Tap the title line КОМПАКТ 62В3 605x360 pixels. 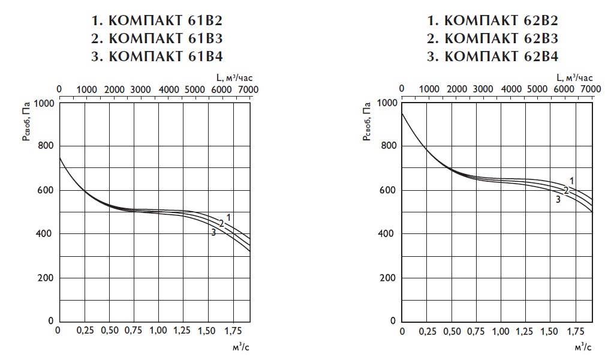(492, 40)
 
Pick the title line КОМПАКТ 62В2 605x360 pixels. (492, 22)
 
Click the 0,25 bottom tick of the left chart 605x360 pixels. (84, 331)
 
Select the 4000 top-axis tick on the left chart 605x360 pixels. (168, 89)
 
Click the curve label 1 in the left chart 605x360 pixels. (228, 217)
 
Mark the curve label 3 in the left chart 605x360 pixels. (213, 232)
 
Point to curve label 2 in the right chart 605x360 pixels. (565, 190)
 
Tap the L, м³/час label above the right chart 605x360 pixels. (574, 77)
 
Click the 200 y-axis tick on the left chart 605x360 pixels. (46, 278)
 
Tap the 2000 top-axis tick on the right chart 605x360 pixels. (456, 89)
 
